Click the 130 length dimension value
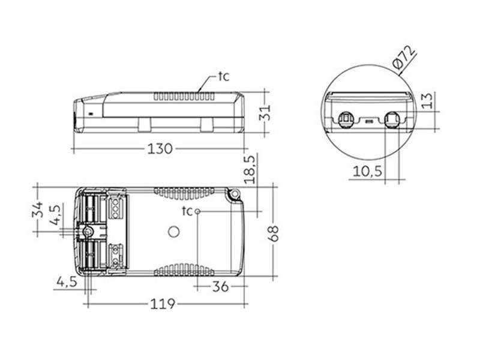[x=160, y=149]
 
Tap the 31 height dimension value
[x=265, y=113]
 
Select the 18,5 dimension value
[x=250, y=170]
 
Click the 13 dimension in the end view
[x=427, y=100]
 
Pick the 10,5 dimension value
[x=368, y=171]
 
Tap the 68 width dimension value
[x=274, y=233]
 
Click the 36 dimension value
[x=220, y=287]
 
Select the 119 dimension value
[x=162, y=304]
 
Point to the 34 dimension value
[x=38, y=209]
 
